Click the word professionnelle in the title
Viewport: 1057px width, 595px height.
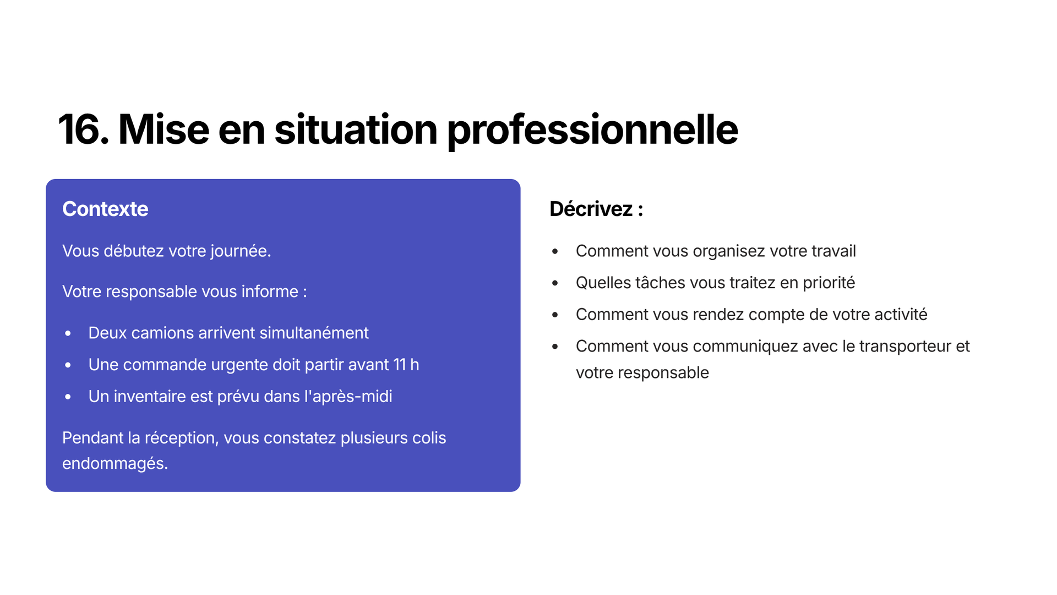pyautogui.click(x=592, y=131)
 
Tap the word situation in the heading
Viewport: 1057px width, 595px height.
pyautogui.click(x=356, y=129)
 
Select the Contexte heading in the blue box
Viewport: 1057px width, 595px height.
pyautogui.click(x=105, y=209)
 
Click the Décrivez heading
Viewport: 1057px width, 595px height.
pyautogui.click(x=596, y=209)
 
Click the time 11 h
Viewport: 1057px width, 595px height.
pyautogui.click(x=406, y=365)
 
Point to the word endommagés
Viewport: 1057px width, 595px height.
pyautogui.click(x=115, y=464)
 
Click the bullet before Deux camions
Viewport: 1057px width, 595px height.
pyautogui.click(x=68, y=333)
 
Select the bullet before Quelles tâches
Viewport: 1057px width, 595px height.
pyautogui.click(x=555, y=283)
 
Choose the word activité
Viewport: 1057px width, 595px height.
pyautogui.click(x=901, y=315)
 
